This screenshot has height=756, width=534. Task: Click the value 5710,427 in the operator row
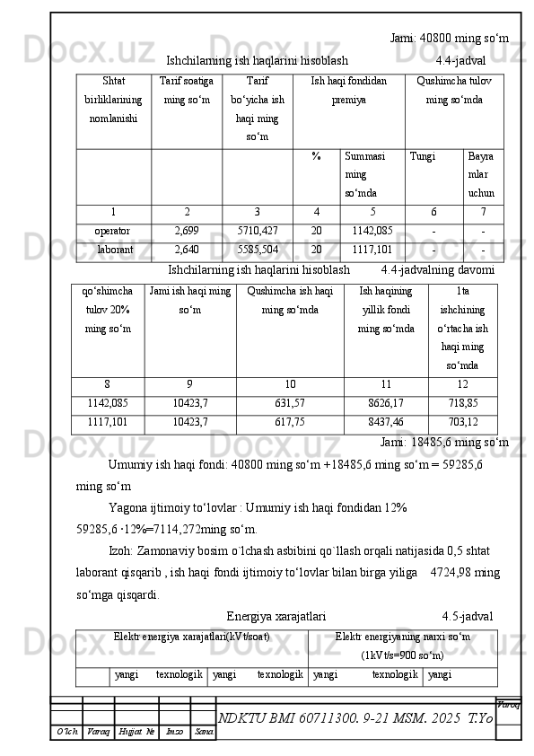point(258,230)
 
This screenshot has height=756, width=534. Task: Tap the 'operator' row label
point(113,230)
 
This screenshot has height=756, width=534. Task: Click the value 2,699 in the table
point(187,230)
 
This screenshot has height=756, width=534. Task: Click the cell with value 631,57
point(290,402)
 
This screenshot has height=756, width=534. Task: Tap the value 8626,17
point(386,402)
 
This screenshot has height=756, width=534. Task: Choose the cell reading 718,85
point(463,402)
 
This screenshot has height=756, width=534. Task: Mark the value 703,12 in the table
point(463,420)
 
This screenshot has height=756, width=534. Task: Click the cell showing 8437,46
point(386,420)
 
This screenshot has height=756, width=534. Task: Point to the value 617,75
point(290,420)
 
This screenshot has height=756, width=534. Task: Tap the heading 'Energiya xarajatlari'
point(276,616)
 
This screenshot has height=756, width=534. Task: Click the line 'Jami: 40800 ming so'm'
point(450,39)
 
